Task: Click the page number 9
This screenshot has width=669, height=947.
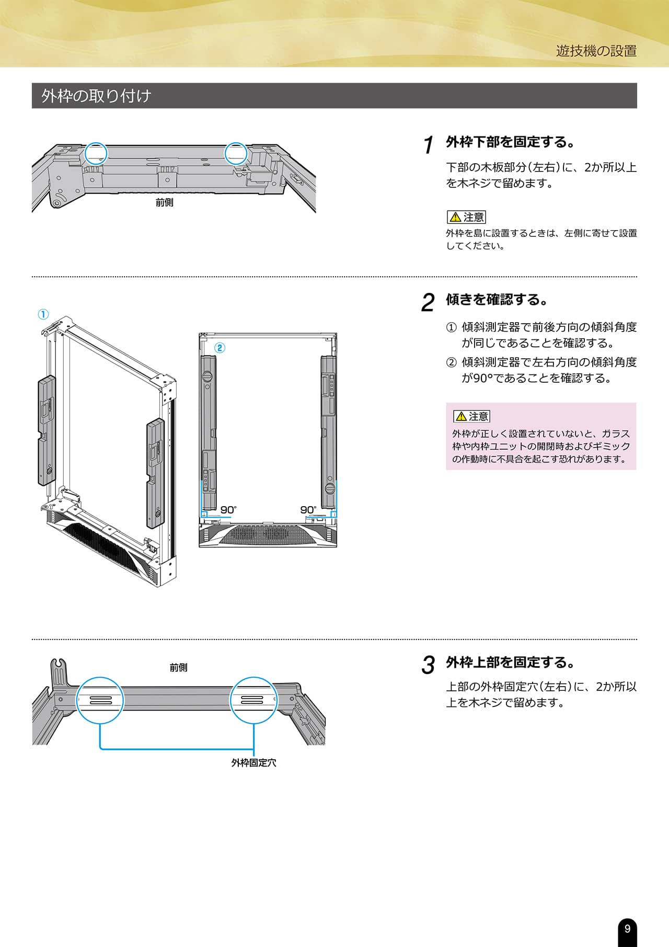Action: tap(627, 929)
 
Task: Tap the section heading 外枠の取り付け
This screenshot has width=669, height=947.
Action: tap(96, 96)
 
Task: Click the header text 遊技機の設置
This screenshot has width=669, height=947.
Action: tap(596, 51)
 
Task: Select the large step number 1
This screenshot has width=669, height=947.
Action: tap(429, 145)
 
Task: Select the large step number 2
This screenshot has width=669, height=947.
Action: tap(428, 302)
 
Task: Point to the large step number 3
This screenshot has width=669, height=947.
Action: tap(428, 665)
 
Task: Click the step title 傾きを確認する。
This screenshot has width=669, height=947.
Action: tap(497, 300)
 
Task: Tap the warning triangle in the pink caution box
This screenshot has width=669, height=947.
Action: tap(461, 416)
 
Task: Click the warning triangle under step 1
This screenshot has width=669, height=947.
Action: tap(455, 217)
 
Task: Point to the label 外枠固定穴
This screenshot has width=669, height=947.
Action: tap(253, 763)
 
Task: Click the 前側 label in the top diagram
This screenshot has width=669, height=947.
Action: tap(164, 202)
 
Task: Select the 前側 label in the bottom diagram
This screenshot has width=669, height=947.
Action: tap(178, 667)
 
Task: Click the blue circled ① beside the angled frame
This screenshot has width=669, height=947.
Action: tap(43, 314)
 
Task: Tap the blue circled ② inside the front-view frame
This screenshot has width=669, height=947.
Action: tap(220, 348)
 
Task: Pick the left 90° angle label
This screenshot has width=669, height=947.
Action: tap(228, 510)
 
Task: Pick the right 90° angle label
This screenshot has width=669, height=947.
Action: tap(308, 510)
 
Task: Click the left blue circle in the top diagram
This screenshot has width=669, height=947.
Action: tap(96, 153)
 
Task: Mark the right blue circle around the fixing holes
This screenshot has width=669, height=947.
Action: tap(253, 700)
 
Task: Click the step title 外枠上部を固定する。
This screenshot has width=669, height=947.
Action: tap(510, 662)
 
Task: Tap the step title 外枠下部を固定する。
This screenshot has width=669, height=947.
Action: tap(510, 142)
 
